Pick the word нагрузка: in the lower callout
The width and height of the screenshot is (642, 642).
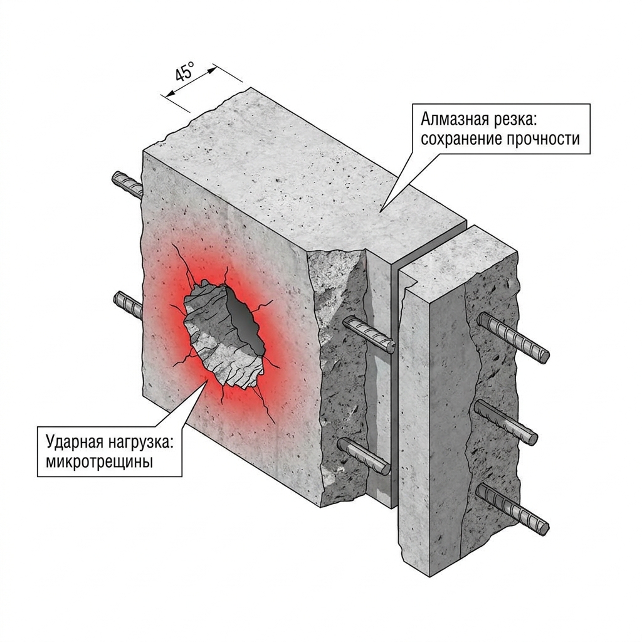(x=142, y=444)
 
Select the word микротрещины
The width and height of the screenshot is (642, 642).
(x=100, y=462)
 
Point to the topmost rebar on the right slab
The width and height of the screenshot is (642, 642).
(x=513, y=337)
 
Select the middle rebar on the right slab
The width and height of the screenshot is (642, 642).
(x=506, y=422)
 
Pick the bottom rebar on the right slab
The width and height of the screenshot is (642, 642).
(x=513, y=508)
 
